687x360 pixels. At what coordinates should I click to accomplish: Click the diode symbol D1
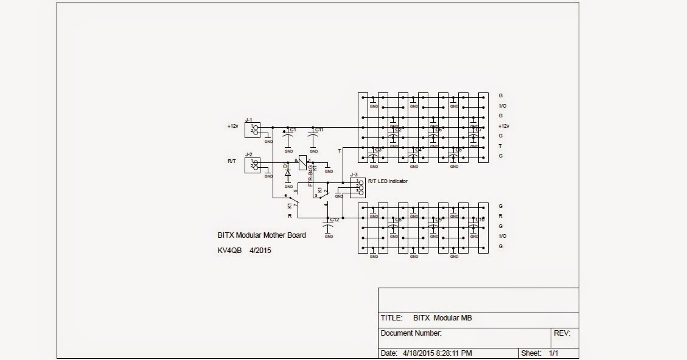tap(288, 172)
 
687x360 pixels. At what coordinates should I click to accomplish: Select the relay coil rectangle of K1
tap(302, 163)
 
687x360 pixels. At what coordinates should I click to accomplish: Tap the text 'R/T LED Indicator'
tap(388, 181)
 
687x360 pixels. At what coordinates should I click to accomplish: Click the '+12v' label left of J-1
tap(233, 126)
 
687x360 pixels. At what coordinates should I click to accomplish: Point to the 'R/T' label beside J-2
tap(232, 161)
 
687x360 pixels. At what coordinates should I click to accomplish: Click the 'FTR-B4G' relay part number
tap(310, 175)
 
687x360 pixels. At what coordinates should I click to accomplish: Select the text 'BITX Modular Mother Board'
tap(262, 235)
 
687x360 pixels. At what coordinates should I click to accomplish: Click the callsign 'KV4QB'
tap(230, 249)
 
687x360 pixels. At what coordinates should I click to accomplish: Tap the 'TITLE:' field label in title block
tap(391, 318)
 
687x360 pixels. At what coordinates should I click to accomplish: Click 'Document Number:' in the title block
tap(411, 333)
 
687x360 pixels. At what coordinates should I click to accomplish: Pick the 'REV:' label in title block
tap(561, 333)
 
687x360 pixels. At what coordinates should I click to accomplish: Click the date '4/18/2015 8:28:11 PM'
tap(438, 353)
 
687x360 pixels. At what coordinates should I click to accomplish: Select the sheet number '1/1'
tap(554, 353)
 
